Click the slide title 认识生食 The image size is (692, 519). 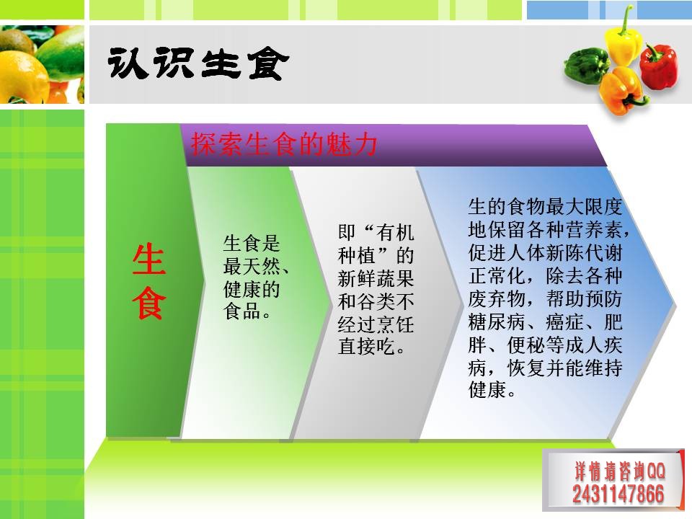tap(198, 63)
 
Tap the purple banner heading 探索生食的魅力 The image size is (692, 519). tap(284, 144)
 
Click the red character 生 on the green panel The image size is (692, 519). tap(149, 259)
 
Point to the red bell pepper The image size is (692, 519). tap(658, 66)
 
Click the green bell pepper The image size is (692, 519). tap(586, 66)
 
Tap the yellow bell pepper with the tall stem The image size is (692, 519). tap(623, 40)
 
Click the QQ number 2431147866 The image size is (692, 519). tap(618, 494)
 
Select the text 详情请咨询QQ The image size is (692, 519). tap(620, 471)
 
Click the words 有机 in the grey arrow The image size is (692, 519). tap(395, 233)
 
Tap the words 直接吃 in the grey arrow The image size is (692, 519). tap(366, 347)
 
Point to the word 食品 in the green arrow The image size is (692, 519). tap(242, 311)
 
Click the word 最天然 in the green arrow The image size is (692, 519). tap(252, 266)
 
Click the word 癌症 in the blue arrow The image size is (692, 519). tap(564, 321)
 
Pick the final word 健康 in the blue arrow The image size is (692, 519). tap(487, 390)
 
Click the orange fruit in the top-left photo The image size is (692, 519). tap(22, 77)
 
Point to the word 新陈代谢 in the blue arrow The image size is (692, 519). tap(584, 253)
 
